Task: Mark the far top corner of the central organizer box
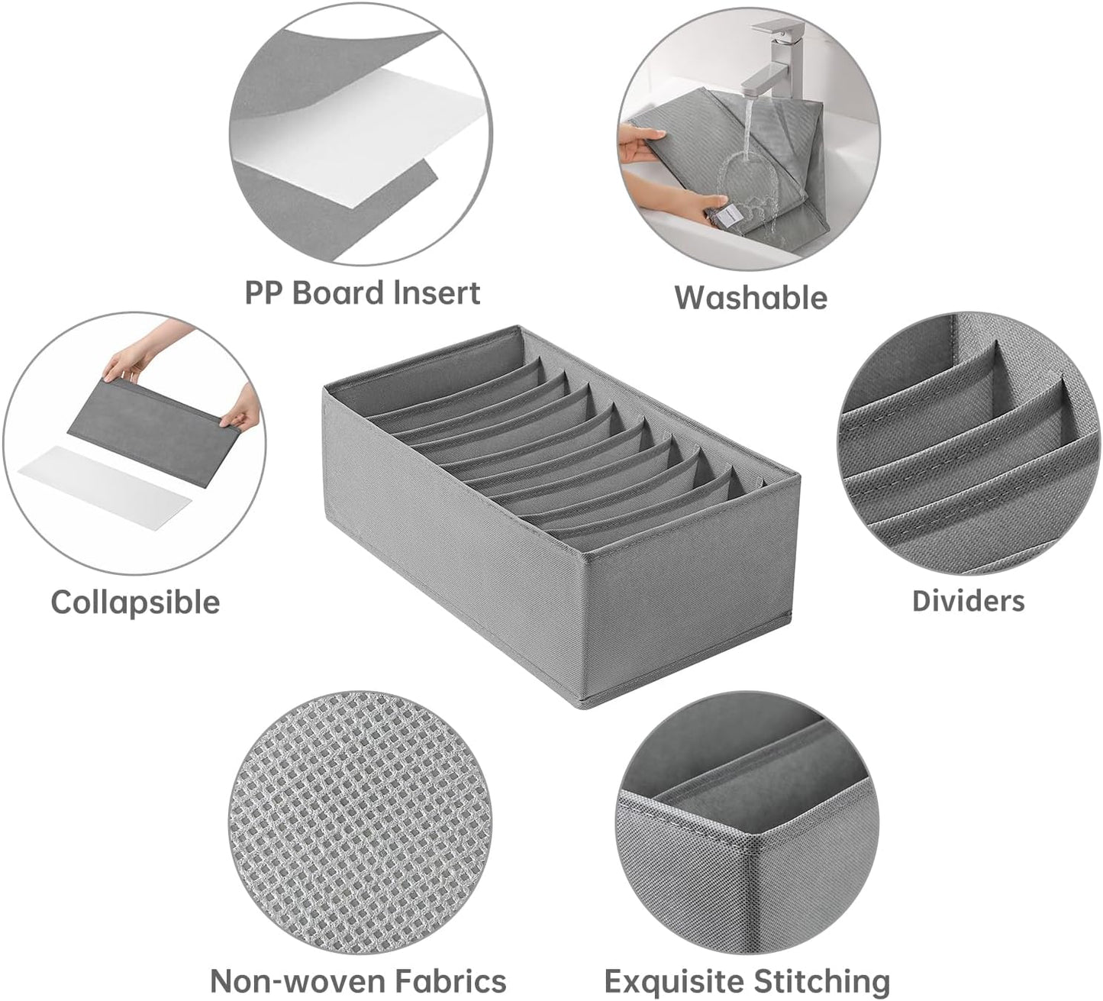(518, 326)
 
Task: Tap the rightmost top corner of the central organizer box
(799, 473)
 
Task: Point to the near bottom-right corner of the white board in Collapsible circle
(155, 530)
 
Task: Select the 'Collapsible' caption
(135, 603)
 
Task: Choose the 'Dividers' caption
(969, 601)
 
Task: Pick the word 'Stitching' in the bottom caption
(821, 980)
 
